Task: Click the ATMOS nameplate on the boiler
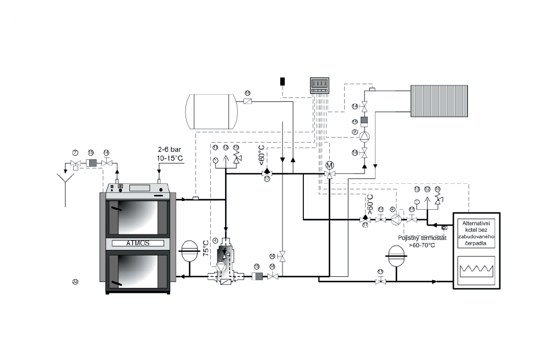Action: pos(138,243)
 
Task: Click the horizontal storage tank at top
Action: pos(212,111)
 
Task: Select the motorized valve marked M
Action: pos(330,166)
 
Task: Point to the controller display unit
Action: pos(320,85)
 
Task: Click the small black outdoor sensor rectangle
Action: pos(282,81)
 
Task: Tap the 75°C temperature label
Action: pos(205,248)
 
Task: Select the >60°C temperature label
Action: pos(371,203)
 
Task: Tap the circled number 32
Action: pos(75,281)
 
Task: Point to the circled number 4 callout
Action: pos(215,239)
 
